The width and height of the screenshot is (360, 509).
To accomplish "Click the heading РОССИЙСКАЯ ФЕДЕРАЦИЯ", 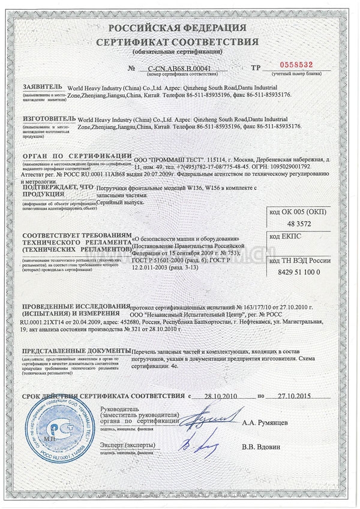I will click(179, 28).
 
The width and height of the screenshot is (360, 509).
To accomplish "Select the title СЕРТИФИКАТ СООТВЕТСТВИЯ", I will click(179, 42).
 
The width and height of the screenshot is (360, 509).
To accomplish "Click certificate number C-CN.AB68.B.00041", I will click(179, 68).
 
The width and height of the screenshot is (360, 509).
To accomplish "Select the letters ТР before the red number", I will click(255, 68).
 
